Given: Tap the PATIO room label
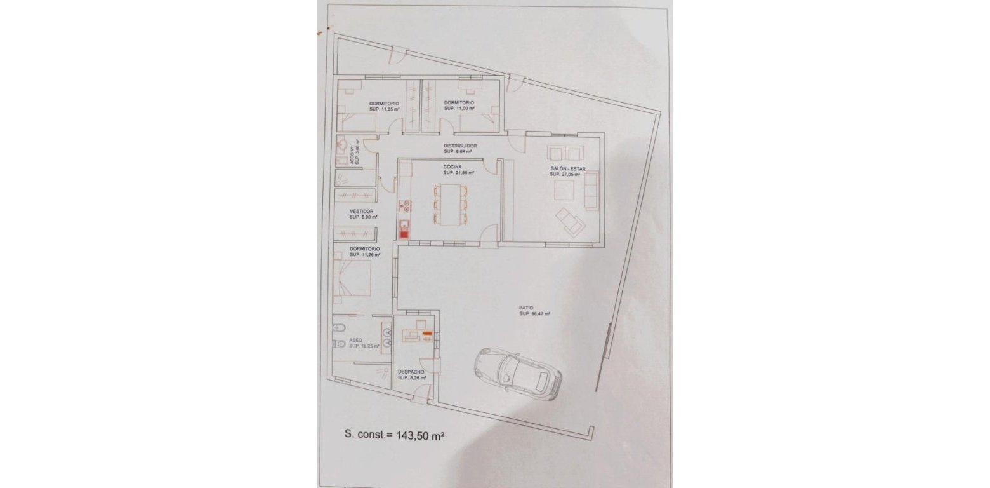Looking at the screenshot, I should click(x=525, y=308).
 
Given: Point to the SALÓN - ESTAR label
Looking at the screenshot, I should click(x=568, y=168).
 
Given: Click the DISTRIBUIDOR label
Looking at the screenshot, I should click(x=460, y=146).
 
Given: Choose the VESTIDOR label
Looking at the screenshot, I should click(x=361, y=211).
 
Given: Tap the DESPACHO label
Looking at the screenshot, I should click(x=411, y=372).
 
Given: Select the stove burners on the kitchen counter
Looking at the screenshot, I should click(x=404, y=205).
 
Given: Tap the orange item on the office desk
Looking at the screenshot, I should click(x=427, y=333).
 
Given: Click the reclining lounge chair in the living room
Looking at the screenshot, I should click(x=569, y=222).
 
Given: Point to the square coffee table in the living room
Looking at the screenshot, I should click(x=564, y=190).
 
